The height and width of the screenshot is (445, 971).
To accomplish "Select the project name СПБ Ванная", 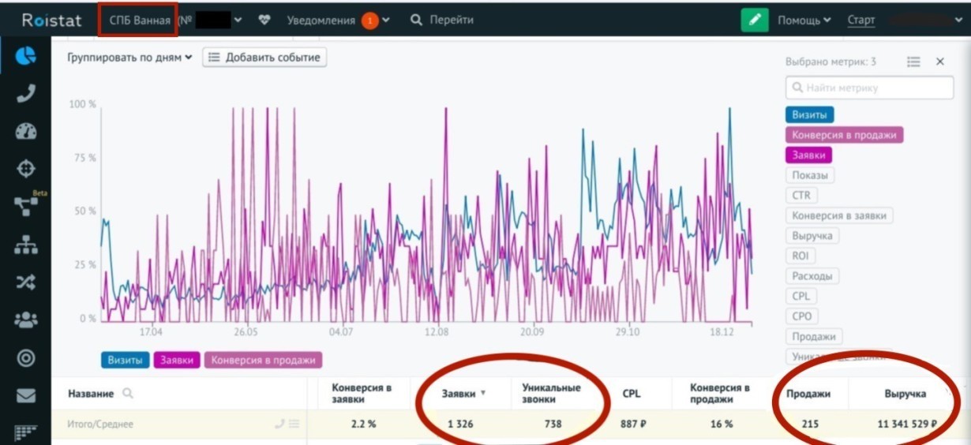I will (x=140, y=21).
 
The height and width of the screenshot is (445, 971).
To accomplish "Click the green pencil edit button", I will (x=755, y=21).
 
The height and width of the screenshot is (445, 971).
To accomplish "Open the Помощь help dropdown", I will (x=804, y=21).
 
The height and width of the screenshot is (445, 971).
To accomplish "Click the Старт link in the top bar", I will (x=860, y=21).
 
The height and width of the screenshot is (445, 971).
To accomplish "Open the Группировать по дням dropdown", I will (x=130, y=58).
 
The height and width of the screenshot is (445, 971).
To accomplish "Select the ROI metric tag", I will (x=800, y=256).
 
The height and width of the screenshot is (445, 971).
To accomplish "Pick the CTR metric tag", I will (x=801, y=195).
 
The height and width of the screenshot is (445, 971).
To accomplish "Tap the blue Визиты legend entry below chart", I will (x=125, y=360).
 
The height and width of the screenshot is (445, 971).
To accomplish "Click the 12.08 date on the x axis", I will (x=437, y=333).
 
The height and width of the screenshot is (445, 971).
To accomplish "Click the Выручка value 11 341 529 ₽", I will (x=906, y=424).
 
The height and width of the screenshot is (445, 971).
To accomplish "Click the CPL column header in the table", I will (x=631, y=393).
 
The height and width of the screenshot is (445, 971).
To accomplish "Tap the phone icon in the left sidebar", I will (x=26, y=93).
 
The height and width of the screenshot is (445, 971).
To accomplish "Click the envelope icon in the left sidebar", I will (x=26, y=395).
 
